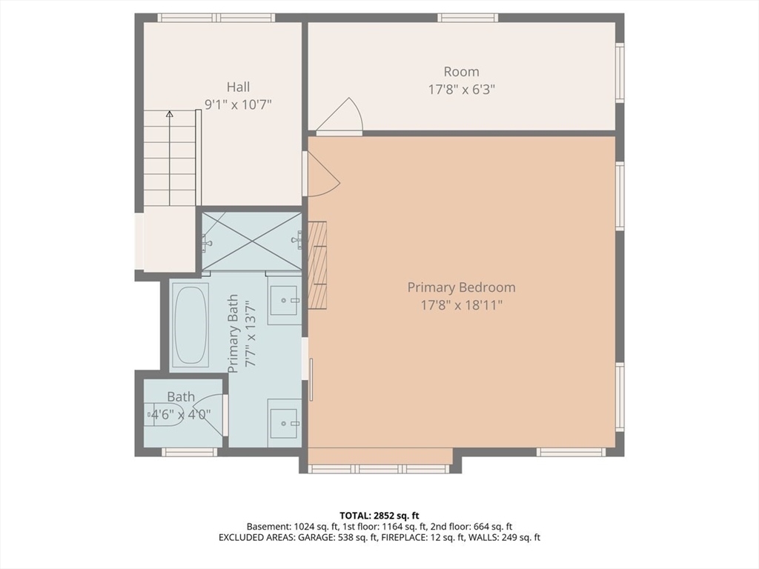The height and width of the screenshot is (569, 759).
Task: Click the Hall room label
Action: point(238,87)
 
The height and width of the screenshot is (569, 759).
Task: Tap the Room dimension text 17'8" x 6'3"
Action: point(461,90)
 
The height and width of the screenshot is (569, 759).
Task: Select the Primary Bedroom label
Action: point(461,287)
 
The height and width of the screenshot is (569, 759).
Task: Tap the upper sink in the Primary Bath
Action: point(285,300)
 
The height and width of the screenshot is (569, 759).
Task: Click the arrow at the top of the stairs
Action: point(170,114)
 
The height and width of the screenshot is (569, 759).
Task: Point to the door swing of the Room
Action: point(339,116)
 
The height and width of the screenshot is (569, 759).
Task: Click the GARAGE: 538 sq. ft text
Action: point(338,538)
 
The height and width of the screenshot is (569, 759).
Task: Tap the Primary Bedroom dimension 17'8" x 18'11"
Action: point(461,305)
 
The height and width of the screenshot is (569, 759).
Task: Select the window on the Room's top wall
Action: point(468,18)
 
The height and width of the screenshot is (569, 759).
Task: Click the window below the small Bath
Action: point(189,452)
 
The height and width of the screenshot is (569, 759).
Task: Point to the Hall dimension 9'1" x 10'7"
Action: point(238,104)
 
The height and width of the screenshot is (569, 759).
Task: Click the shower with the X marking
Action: point(252,241)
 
